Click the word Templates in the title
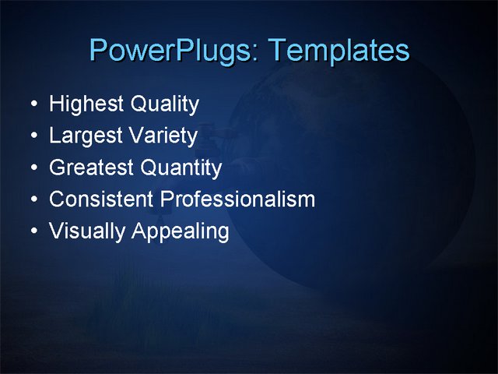(x=338, y=51)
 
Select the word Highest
(x=86, y=104)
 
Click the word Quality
(x=164, y=104)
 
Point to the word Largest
(x=85, y=136)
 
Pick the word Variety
(x=163, y=136)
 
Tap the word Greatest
(x=91, y=168)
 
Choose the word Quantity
(x=181, y=168)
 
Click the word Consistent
(x=101, y=199)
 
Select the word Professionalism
(x=238, y=199)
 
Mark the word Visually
(x=86, y=231)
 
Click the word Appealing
(x=181, y=232)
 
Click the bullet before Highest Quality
(x=31, y=104)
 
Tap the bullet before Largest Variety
(x=31, y=136)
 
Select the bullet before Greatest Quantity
(x=31, y=168)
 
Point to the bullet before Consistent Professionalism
(x=31, y=200)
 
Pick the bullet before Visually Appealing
(x=31, y=232)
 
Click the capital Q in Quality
(x=138, y=104)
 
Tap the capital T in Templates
(x=278, y=51)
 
